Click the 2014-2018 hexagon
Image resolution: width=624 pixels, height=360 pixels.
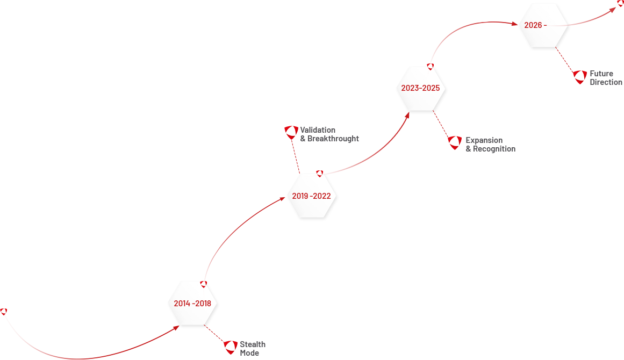coord(192,304)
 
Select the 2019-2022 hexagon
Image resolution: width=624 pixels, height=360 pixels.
coord(312,196)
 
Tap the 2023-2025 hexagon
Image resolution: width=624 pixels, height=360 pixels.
coord(421,89)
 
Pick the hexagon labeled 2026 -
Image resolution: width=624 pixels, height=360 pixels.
coord(543,25)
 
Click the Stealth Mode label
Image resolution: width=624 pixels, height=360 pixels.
coord(253,349)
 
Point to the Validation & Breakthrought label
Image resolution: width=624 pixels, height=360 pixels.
coord(329,134)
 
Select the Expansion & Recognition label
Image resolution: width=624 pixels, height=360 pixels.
coord(490,145)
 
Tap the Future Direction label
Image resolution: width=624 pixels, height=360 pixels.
coord(606,78)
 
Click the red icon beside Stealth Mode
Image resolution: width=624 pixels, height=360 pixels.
coord(231,347)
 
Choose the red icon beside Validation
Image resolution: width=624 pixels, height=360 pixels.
coord(291,132)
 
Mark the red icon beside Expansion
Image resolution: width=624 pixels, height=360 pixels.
coord(455,142)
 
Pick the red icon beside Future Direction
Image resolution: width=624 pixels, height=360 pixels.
coord(579,77)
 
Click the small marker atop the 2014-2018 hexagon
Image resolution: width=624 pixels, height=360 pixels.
coord(204,284)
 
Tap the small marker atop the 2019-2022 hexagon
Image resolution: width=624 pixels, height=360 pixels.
coord(320,174)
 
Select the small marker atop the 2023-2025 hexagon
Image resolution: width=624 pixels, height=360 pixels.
coord(430,66)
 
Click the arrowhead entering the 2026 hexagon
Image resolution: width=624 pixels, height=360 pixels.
coord(514,24)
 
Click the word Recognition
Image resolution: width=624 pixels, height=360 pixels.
coord(494,149)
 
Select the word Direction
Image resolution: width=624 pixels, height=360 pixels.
coord(606,82)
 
